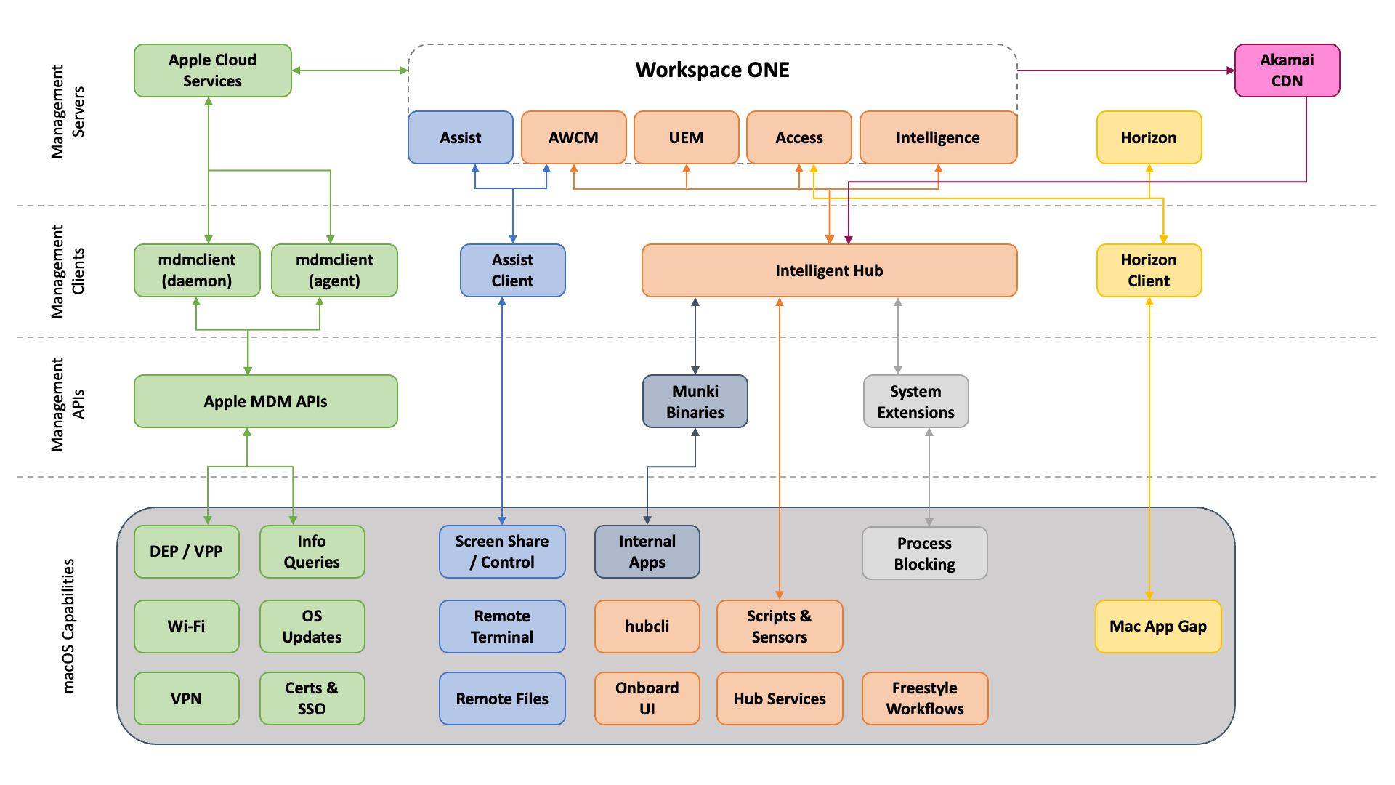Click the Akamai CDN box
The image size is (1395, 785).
[x=1287, y=71]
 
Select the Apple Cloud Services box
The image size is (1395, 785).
[x=212, y=71]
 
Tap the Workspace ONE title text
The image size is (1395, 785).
[x=712, y=70]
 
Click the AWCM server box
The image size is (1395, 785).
[x=573, y=137]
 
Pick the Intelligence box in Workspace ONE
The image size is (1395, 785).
[x=937, y=137]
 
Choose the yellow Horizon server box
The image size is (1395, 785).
[x=1149, y=137]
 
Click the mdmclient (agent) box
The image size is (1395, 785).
[x=334, y=270]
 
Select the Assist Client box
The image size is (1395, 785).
[x=512, y=270]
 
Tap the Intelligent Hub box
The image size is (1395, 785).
[x=829, y=270]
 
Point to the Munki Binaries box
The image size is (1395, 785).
[x=695, y=401]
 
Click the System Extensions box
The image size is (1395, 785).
[x=915, y=401]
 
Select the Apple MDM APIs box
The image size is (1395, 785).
[x=265, y=401]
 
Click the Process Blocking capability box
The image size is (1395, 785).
[x=924, y=553]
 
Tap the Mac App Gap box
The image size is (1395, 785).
[x=1157, y=626]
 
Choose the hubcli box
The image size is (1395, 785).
[x=647, y=626]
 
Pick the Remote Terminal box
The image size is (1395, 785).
[x=502, y=626]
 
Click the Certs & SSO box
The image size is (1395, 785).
[x=312, y=698]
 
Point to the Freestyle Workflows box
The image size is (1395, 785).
[x=924, y=698]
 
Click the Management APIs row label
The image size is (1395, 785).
[x=67, y=404]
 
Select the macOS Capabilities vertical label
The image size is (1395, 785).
[x=68, y=625]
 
